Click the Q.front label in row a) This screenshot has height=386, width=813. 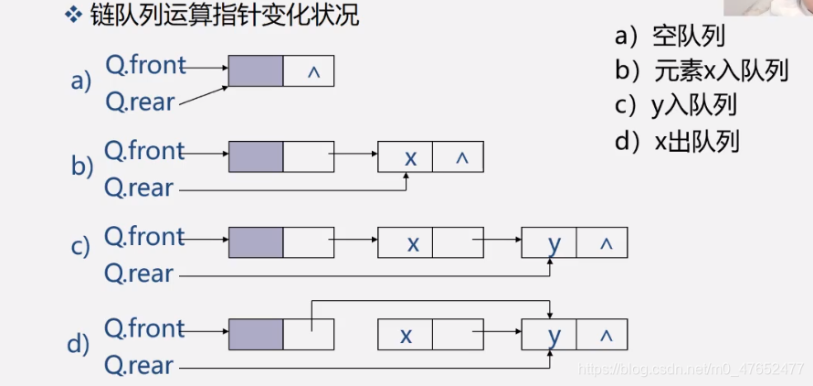(144, 66)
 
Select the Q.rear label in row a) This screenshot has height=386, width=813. (139, 101)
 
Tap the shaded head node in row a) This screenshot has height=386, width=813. (256, 70)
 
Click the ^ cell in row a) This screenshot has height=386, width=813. (309, 70)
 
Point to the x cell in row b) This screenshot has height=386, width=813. (405, 157)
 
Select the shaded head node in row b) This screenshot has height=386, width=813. (256, 156)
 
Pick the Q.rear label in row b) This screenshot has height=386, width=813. (139, 188)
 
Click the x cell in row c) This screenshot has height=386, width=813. (405, 243)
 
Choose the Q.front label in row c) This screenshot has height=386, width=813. (144, 236)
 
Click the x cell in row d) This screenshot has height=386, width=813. (405, 335)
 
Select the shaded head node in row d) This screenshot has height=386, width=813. (256, 334)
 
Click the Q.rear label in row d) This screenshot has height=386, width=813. (139, 365)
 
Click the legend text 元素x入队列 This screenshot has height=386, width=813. (721, 70)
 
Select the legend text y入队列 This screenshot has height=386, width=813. (693, 105)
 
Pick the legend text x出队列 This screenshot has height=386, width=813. (696, 140)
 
